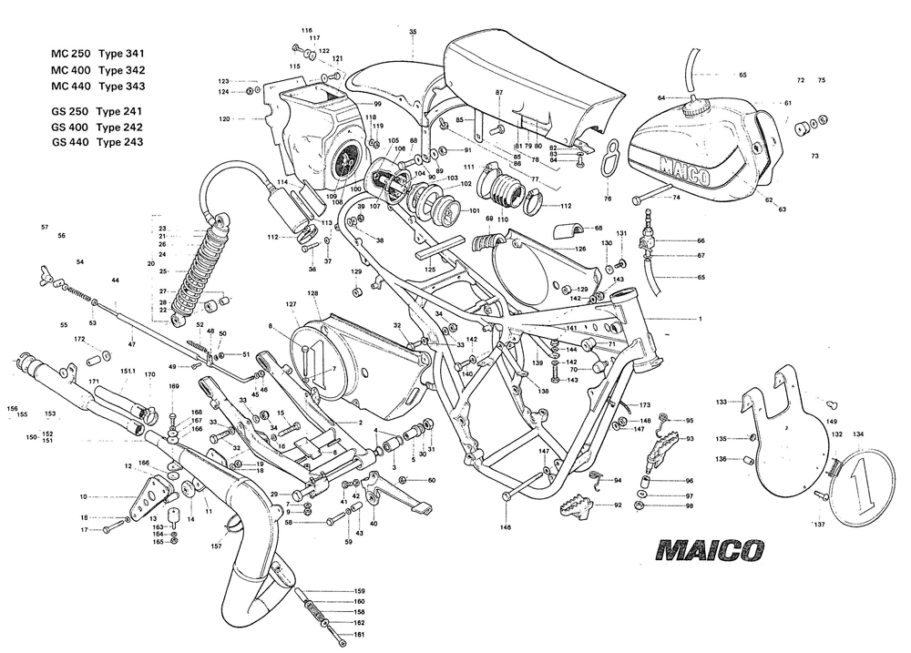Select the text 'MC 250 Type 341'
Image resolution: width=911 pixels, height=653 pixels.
click(97, 54)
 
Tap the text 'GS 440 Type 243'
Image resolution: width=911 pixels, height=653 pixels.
click(97, 142)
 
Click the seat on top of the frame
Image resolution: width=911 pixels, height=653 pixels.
click(533, 82)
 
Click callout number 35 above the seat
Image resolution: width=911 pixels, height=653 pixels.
click(413, 32)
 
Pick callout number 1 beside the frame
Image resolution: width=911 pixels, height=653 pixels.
click(701, 320)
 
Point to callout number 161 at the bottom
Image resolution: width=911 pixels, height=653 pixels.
click(359, 634)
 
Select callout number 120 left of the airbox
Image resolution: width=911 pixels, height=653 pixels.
click(224, 118)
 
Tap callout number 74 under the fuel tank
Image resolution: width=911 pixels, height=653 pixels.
click(677, 197)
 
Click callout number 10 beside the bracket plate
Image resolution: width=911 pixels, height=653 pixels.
click(83, 497)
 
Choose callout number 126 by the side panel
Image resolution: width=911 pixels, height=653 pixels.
click(579, 249)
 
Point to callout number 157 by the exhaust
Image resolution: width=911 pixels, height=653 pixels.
click(216, 546)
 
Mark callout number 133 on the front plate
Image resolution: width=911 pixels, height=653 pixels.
click(721, 401)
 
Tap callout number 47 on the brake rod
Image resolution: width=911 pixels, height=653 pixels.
click(132, 343)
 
